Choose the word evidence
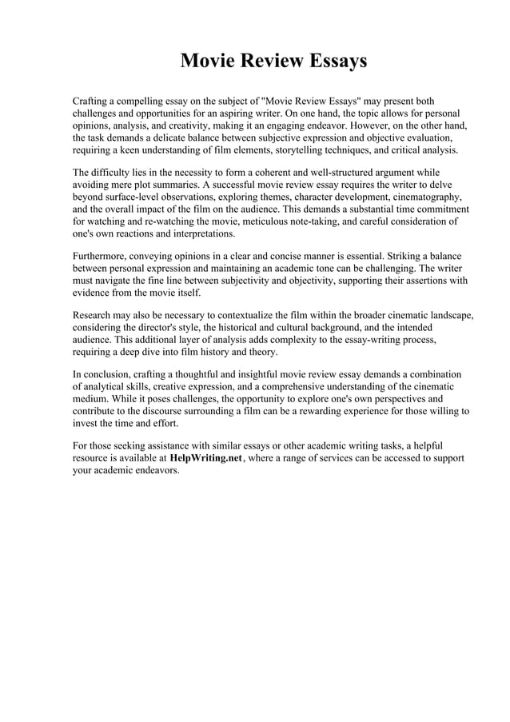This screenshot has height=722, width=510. point(94,293)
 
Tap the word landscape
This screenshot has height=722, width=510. point(450,317)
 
